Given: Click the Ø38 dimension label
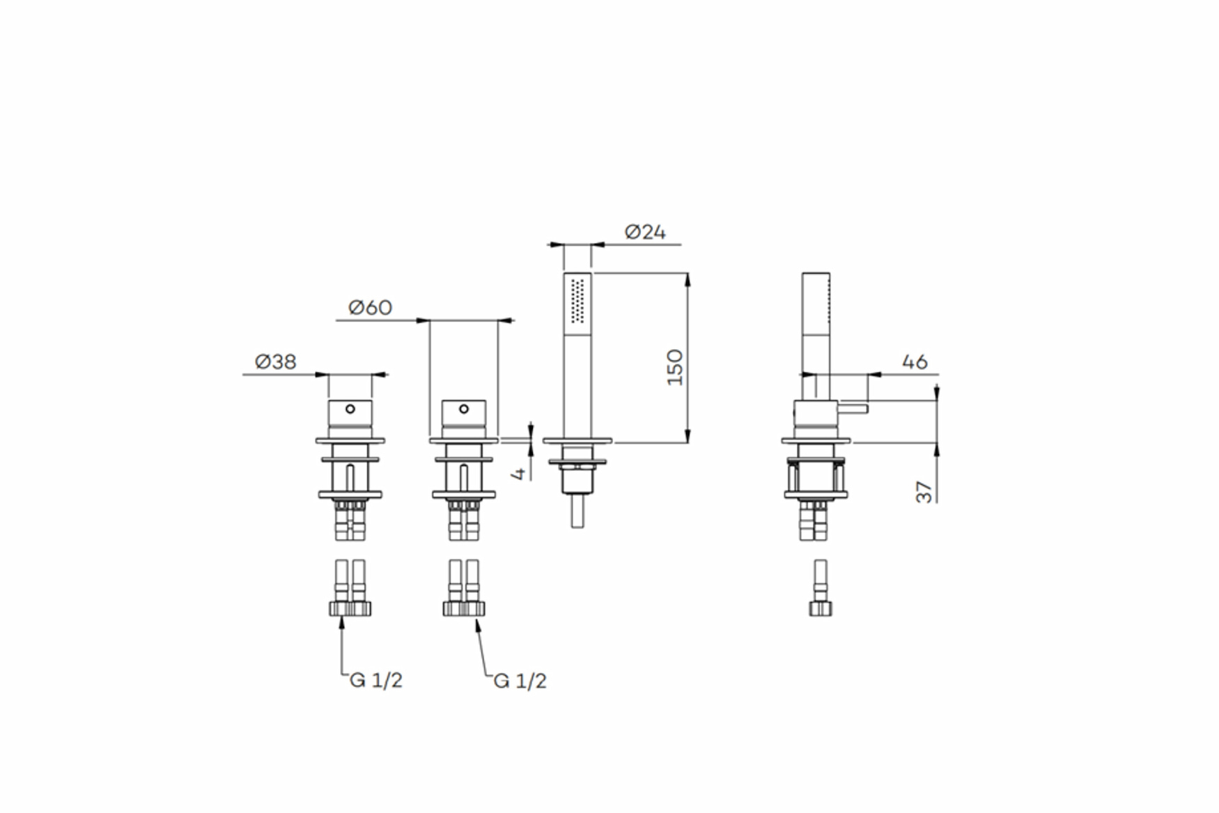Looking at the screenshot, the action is (x=276, y=362).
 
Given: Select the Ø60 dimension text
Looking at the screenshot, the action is (x=370, y=307).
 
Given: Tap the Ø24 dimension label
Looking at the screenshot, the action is (x=645, y=232).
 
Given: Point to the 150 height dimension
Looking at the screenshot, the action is (x=675, y=367).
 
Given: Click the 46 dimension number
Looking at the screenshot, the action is (x=915, y=362).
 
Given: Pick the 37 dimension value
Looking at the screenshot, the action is (x=924, y=492).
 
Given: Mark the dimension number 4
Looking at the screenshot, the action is (x=518, y=474).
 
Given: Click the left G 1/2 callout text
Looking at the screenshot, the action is (x=376, y=680).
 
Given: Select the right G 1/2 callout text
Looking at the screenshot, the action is (x=520, y=681).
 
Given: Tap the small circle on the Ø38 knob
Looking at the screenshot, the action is (x=350, y=409).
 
